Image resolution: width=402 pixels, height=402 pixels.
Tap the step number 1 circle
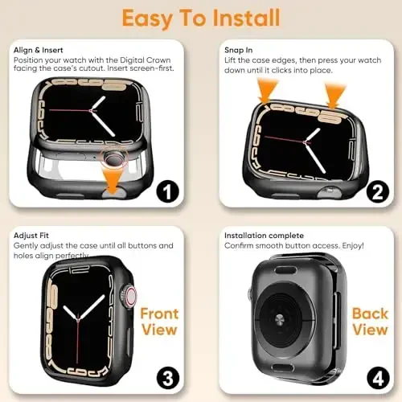pos(168,192)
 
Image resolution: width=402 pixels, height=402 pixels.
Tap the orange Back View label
pos(371,320)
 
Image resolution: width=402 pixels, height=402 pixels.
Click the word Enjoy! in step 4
pos(355,244)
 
